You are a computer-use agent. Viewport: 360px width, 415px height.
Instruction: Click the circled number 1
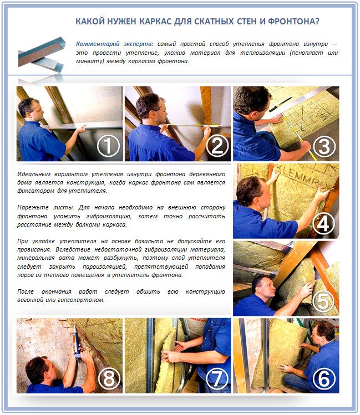click(108, 146)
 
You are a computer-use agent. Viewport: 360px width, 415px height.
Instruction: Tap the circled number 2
click(217, 146)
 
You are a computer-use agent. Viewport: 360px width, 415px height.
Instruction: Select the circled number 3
click(324, 146)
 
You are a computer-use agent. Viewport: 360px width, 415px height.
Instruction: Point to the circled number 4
click(323, 223)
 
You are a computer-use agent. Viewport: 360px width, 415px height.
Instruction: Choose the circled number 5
click(323, 301)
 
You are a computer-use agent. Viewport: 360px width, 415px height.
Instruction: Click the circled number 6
click(324, 379)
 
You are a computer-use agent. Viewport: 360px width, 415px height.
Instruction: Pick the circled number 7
click(217, 379)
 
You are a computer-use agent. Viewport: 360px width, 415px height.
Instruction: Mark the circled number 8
click(109, 379)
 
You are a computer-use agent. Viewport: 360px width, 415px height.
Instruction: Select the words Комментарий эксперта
click(114, 44)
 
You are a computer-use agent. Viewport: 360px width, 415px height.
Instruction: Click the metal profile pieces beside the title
click(42, 56)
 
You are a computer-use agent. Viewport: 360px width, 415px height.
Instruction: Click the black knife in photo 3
click(281, 104)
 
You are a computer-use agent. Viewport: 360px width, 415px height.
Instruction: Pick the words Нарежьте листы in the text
click(45, 207)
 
